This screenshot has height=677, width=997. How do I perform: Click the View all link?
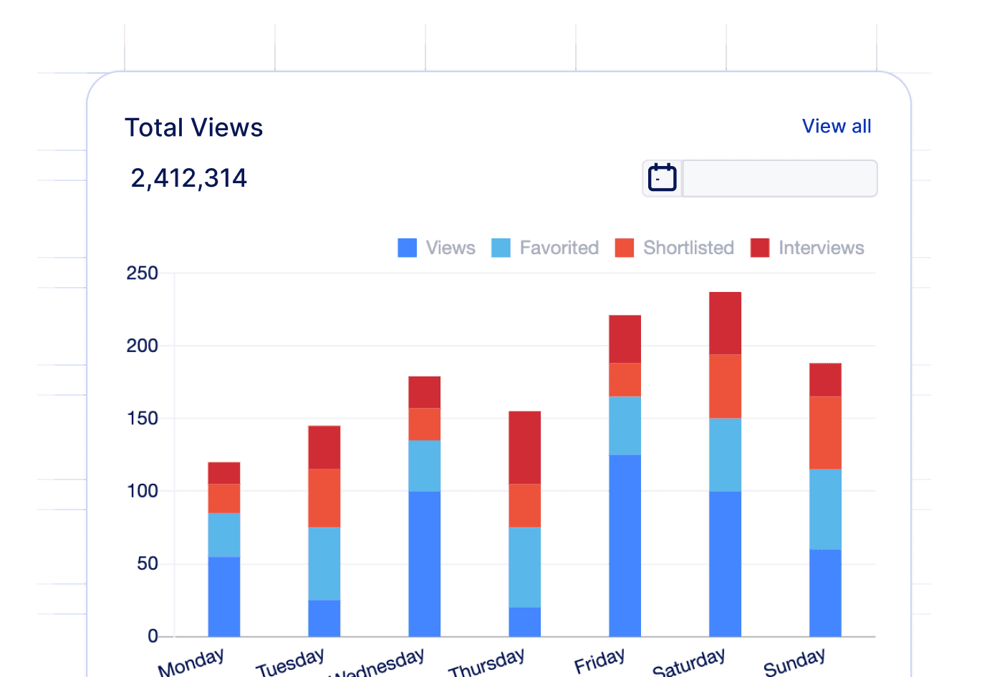click(836, 127)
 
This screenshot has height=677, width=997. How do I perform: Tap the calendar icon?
click(662, 178)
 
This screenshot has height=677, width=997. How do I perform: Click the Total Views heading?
click(194, 127)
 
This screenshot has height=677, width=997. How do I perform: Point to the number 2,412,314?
click(189, 178)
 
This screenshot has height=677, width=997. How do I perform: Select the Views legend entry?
click(437, 248)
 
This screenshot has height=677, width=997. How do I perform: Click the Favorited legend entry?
click(546, 248)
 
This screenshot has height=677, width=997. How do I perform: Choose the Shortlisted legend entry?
click(675, 248)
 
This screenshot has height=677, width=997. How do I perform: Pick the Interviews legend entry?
click(808, 248)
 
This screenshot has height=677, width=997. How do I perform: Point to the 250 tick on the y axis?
click(142, 273)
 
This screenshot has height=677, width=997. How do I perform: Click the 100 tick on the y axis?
click(142, 491)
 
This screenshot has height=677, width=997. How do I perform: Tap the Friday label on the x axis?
click(599, 661)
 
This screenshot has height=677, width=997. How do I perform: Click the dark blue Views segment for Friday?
click(625, 545)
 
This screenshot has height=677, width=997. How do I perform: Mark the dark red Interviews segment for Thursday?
click(524, 447)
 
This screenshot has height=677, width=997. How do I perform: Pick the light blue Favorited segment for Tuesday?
click(324, 563)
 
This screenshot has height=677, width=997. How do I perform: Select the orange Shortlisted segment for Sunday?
click(825, 432)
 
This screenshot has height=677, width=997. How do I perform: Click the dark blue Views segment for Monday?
click(223, 596)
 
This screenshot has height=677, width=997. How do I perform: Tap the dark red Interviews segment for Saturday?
click(725, 323)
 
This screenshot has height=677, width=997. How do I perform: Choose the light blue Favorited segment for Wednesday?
click(424, 465)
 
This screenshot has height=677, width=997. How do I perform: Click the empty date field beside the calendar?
click(779, 178)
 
